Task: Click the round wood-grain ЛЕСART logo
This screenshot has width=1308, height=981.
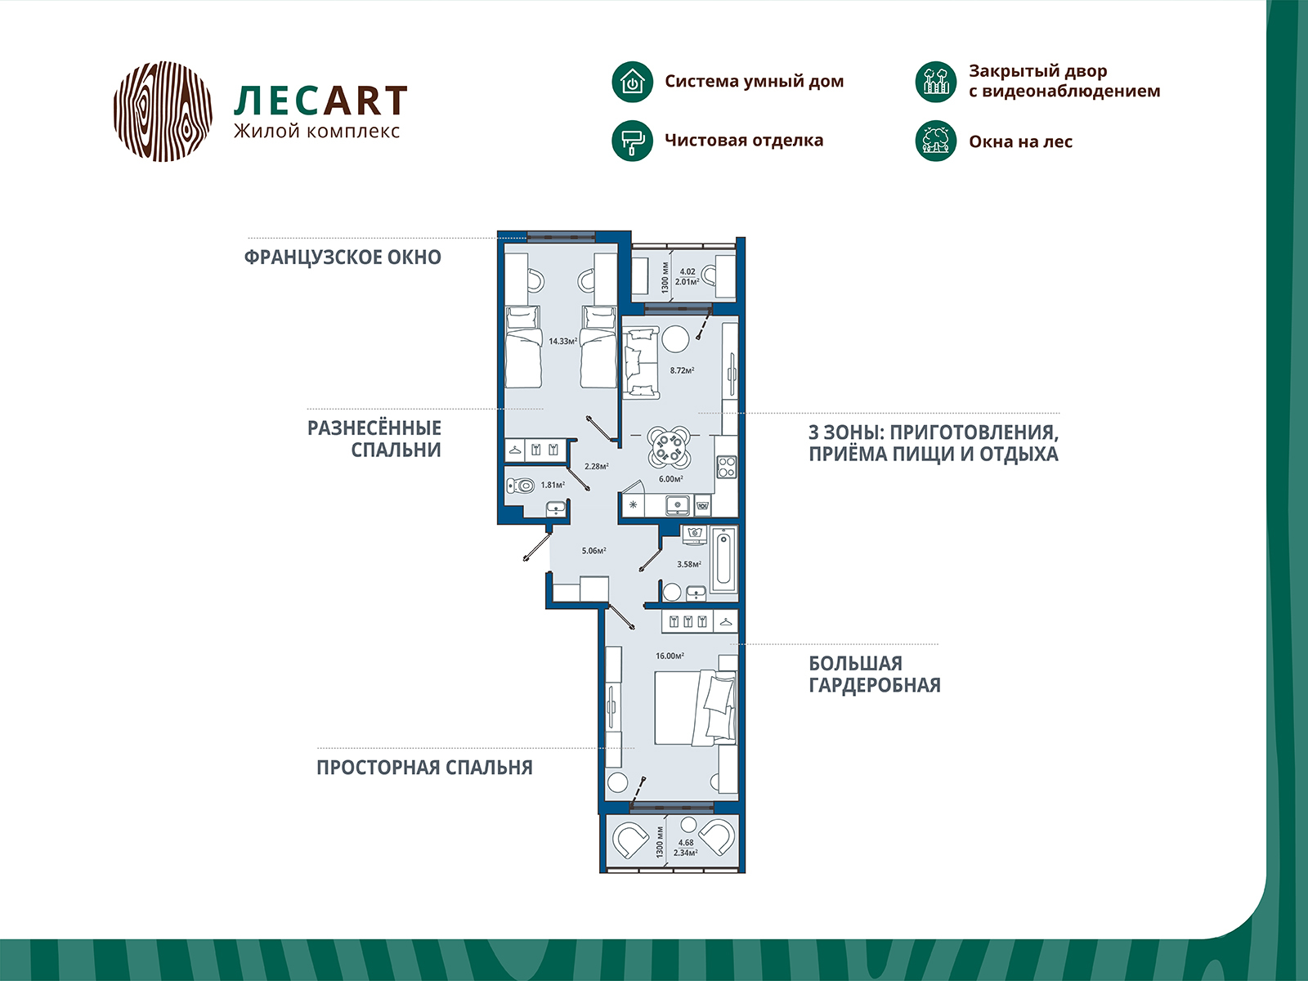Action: [163, 110]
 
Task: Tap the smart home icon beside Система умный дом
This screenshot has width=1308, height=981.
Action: [632, 82]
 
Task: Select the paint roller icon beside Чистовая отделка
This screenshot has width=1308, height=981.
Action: [632, 141]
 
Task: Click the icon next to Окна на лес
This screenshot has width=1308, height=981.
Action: [935, 141]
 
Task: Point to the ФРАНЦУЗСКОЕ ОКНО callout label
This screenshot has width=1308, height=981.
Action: [343, 258]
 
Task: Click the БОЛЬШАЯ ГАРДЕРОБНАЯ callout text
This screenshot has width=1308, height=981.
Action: [874, 674]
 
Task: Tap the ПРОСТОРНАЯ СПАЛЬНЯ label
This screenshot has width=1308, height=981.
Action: [424, 768]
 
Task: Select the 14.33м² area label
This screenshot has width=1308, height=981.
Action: [562, 341]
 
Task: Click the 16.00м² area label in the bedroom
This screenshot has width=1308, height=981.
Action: [670, 656]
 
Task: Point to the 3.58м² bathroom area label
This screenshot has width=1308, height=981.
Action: [688, 564]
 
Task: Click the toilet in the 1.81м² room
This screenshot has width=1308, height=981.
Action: [519, 486]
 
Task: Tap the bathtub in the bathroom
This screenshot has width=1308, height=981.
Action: [723, 560]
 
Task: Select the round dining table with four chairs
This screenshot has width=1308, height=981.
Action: [669, 446]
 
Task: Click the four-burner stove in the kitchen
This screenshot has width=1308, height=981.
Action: [727, 467]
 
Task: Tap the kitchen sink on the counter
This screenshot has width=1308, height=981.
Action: [678, 506]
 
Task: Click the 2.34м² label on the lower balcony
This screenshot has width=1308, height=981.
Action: [685, 853]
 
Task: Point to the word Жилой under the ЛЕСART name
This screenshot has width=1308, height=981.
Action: [257, 132]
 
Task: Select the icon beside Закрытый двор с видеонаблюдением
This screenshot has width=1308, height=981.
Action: [935, 82]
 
